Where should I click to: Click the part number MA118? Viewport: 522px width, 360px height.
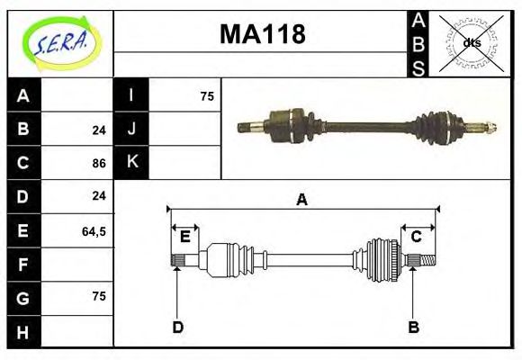[x=263, y=34]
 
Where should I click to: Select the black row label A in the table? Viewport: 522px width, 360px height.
[x=23, y=96]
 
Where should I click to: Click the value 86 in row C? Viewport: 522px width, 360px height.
[x=99, y=164]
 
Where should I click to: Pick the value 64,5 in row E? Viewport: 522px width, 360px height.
[x=94, y=231]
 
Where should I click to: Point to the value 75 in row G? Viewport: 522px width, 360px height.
[x=99, y=296]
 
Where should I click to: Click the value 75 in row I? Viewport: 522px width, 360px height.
[x=206, y=96]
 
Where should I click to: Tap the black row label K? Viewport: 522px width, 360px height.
[x=131, y=163]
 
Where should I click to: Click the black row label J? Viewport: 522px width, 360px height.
[x=131, y=130]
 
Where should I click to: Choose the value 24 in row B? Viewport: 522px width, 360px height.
[x=99, y=130]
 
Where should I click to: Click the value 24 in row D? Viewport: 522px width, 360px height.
[x=99, y=195]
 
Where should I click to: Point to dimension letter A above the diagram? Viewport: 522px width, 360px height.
[x=302, y=200]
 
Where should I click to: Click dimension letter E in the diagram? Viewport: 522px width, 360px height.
[x=184, y=237]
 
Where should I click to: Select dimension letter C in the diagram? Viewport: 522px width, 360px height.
[x=417, y=237]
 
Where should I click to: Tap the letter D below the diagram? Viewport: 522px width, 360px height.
[x=178, y=327]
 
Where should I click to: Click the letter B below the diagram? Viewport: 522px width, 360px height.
[x=414, y=327]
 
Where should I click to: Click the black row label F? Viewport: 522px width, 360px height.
[x=23, y=265]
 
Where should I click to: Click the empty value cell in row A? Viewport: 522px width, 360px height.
[x=77, y=96]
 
